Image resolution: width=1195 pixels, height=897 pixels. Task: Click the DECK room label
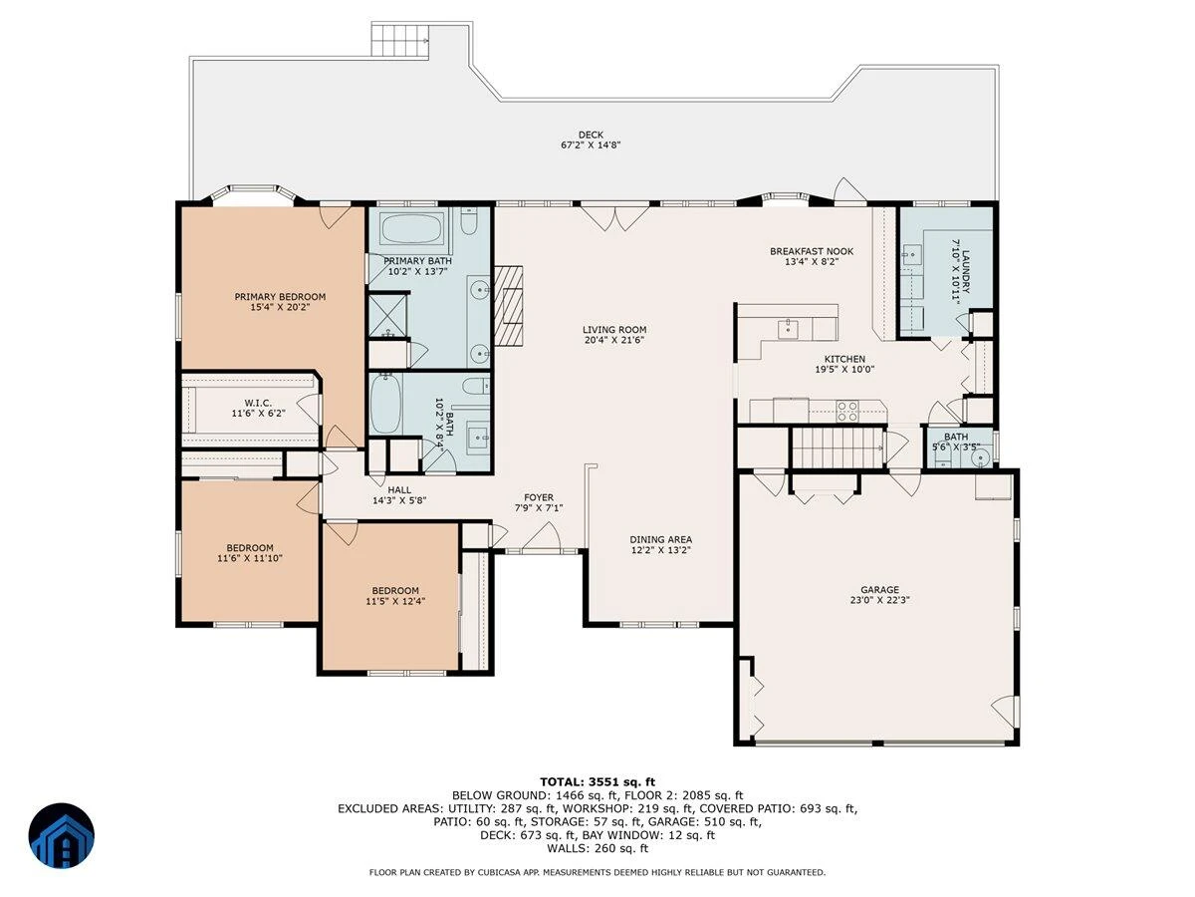(591, 135)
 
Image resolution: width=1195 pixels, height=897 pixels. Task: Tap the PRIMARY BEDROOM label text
(280, 297)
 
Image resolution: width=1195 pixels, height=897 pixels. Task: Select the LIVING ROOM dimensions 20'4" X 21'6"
(614, 341)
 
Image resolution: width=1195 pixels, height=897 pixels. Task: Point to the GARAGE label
(879, 590)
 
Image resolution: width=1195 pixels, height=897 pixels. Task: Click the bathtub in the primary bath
(413, 228)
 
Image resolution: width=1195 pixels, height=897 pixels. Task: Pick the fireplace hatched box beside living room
(508, 306)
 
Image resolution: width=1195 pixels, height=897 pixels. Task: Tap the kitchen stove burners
(847, 412)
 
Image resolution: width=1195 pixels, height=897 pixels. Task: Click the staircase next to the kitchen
(836, 448)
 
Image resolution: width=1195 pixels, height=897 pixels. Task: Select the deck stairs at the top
(400, 40)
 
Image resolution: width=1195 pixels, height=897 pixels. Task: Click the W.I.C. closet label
(258, 403)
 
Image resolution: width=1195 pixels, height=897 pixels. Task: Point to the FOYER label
(539, 497)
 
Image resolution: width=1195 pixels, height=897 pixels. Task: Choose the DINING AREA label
(661, 540)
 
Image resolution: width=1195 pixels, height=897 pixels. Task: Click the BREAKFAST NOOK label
(812, 251)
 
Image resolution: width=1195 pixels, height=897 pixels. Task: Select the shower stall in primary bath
(388, 315)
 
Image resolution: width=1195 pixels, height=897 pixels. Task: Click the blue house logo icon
(62, 835)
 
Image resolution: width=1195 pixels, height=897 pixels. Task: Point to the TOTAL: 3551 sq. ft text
(597, 782)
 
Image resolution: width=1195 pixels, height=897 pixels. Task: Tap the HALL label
(399, 490)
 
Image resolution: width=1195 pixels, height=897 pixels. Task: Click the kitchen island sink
(788, 330)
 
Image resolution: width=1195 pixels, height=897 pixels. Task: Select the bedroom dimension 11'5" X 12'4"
(395, 601)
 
